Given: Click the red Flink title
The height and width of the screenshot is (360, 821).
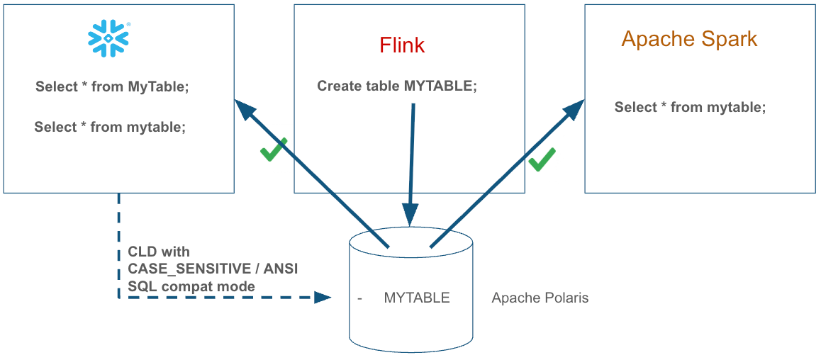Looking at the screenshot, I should coord(402,45).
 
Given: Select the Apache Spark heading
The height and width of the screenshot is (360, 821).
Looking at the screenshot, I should coord(689,38).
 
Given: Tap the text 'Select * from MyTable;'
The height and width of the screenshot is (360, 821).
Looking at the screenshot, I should coord(112,86).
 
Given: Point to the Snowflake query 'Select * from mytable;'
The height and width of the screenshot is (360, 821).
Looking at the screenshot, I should coord(110,128).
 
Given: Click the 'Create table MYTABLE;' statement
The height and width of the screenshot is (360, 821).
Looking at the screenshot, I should coord(397,86).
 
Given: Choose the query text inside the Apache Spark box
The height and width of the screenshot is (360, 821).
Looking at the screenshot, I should coord(690,107).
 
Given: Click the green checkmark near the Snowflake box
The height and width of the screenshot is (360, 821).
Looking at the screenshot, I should coord(273,150).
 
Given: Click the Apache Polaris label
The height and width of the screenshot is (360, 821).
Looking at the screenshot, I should coord(540,298).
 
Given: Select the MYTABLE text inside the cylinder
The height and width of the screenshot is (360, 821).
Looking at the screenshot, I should coord(416,298).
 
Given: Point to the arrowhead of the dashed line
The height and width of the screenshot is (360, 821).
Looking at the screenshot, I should coord(323,298).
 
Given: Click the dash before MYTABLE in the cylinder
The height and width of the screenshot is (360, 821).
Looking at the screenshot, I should coord(360,298).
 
